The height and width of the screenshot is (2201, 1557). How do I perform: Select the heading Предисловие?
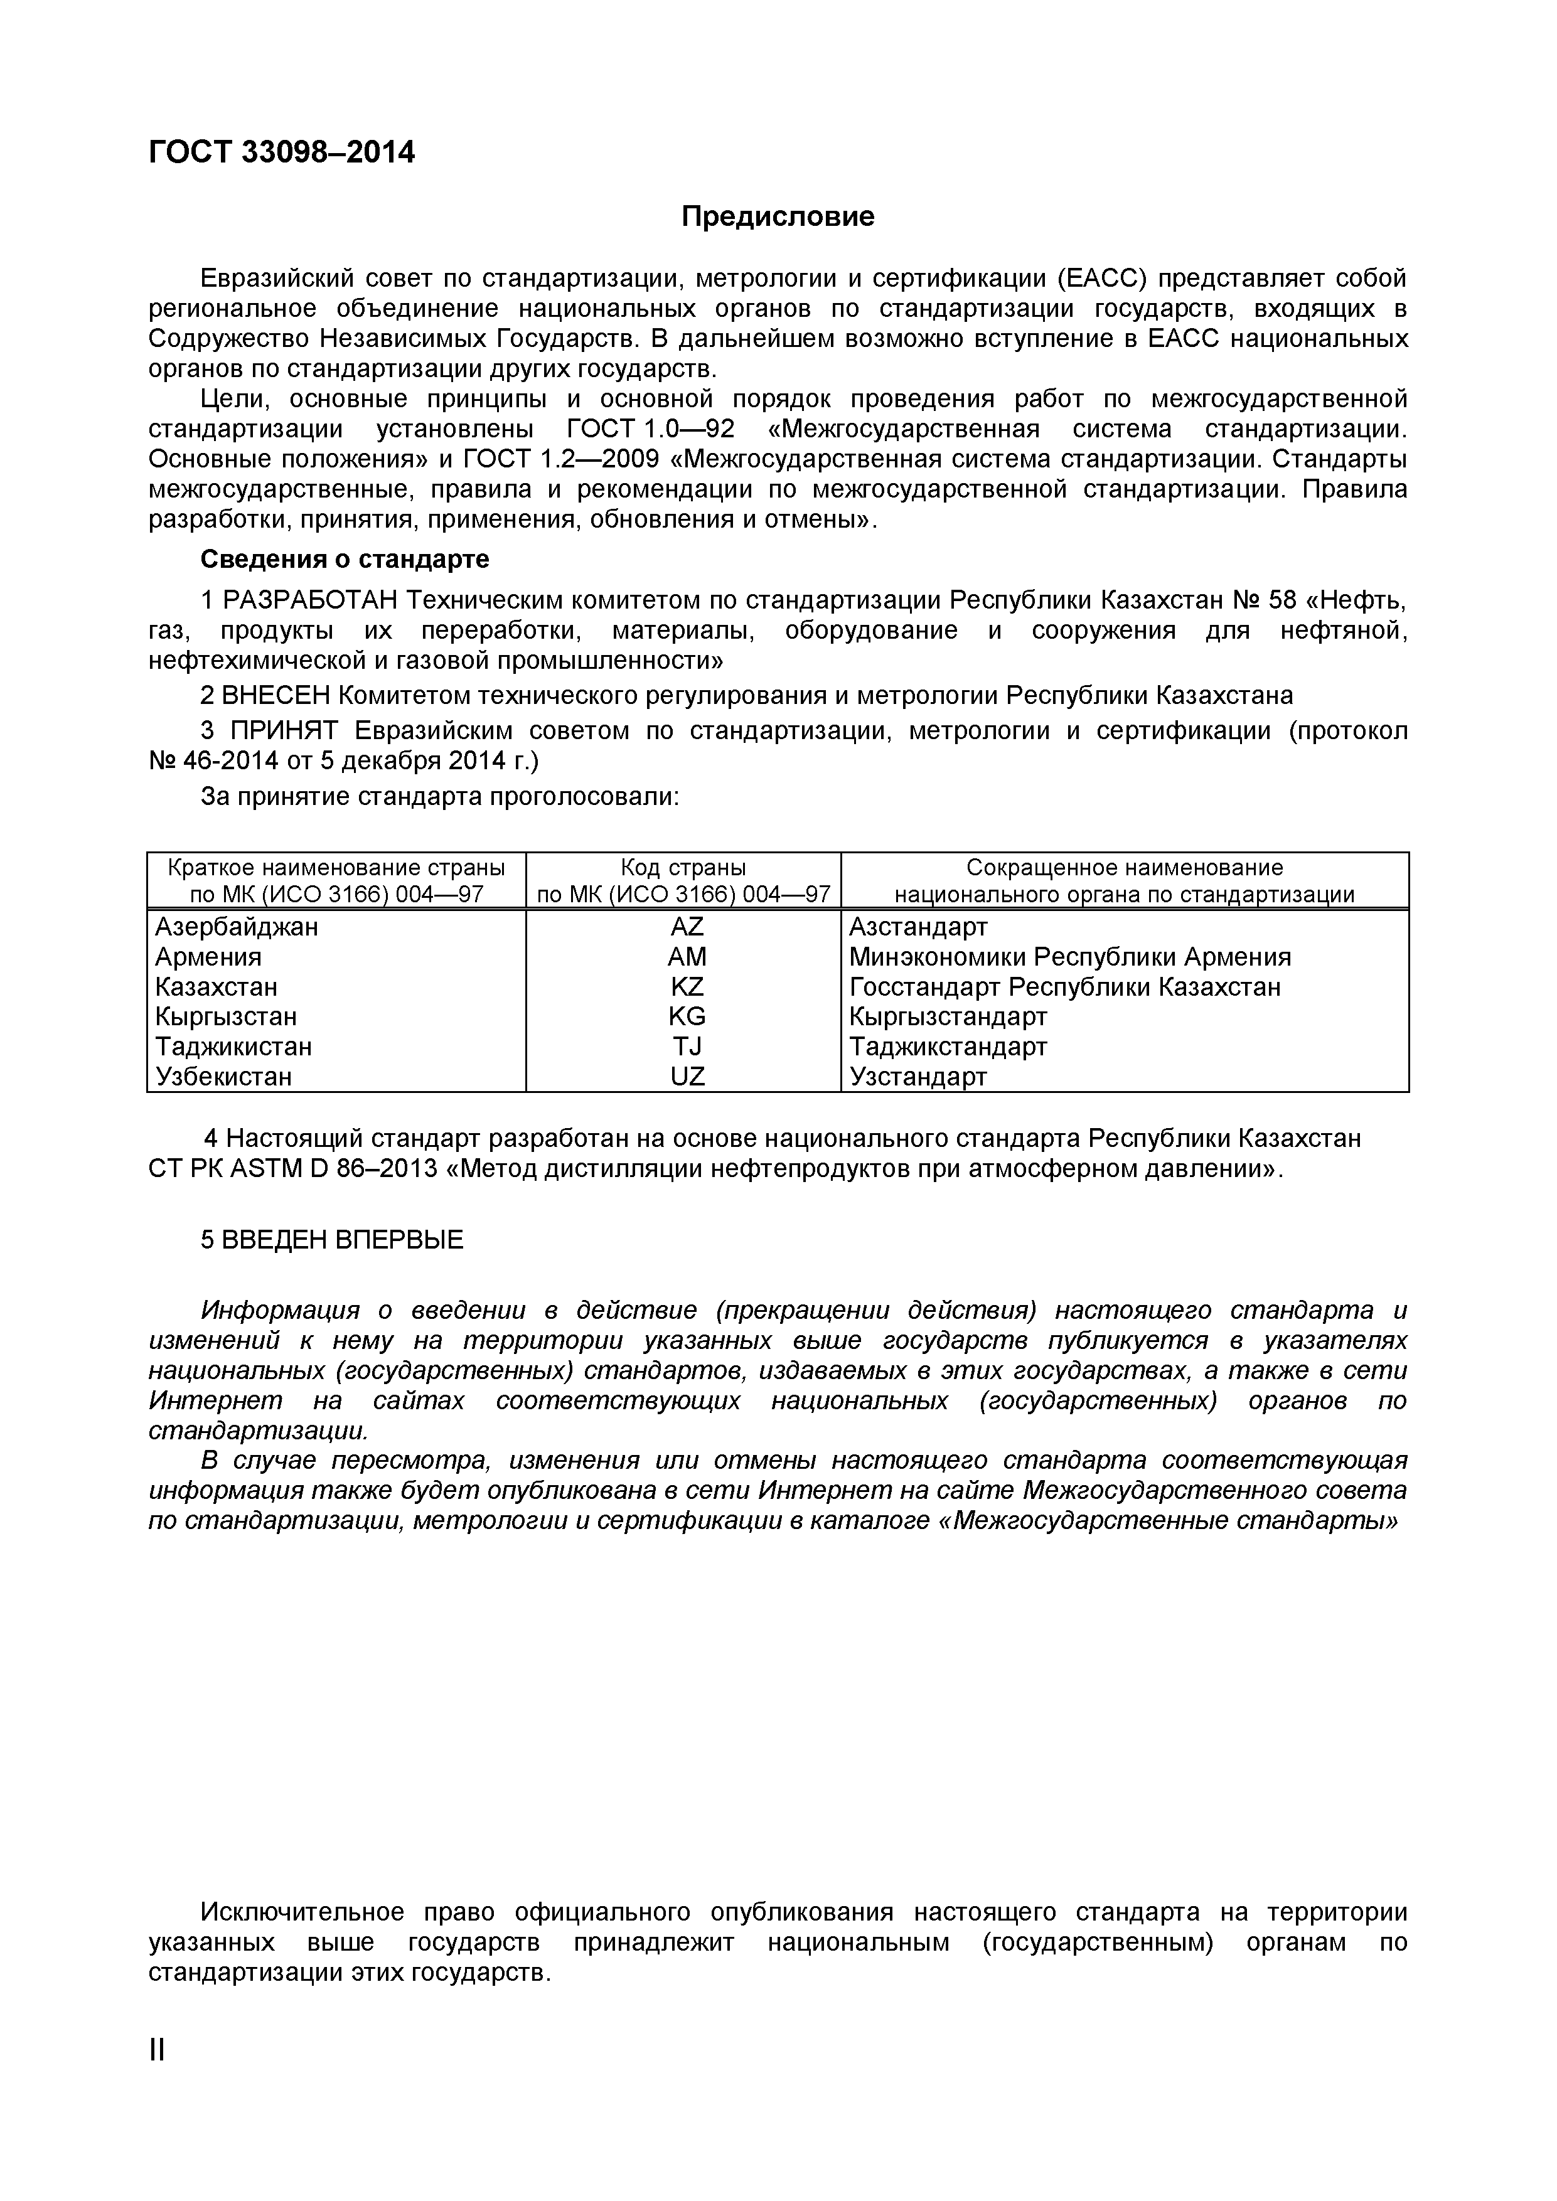(x=778, y=216)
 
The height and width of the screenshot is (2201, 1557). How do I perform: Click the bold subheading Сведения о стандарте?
(x=344, y=559)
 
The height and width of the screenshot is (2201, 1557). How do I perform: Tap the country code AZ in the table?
(x=687, y=927)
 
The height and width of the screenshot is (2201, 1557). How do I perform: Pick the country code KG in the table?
(x=687, y=1016)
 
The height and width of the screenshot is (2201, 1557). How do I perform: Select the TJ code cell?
(x=687, y=1046)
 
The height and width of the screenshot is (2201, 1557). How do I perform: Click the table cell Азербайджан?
(x=237, y=927)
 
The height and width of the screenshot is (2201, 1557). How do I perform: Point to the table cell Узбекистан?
(x=223, y=1077)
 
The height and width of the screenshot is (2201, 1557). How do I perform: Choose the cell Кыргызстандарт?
(x=947, y=1016)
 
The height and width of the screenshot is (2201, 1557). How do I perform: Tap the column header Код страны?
(x=683, y=868)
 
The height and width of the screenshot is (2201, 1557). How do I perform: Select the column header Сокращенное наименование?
(x=1123, y=868)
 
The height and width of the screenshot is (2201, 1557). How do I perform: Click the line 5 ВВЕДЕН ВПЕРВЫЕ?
(x=332, y=1240)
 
